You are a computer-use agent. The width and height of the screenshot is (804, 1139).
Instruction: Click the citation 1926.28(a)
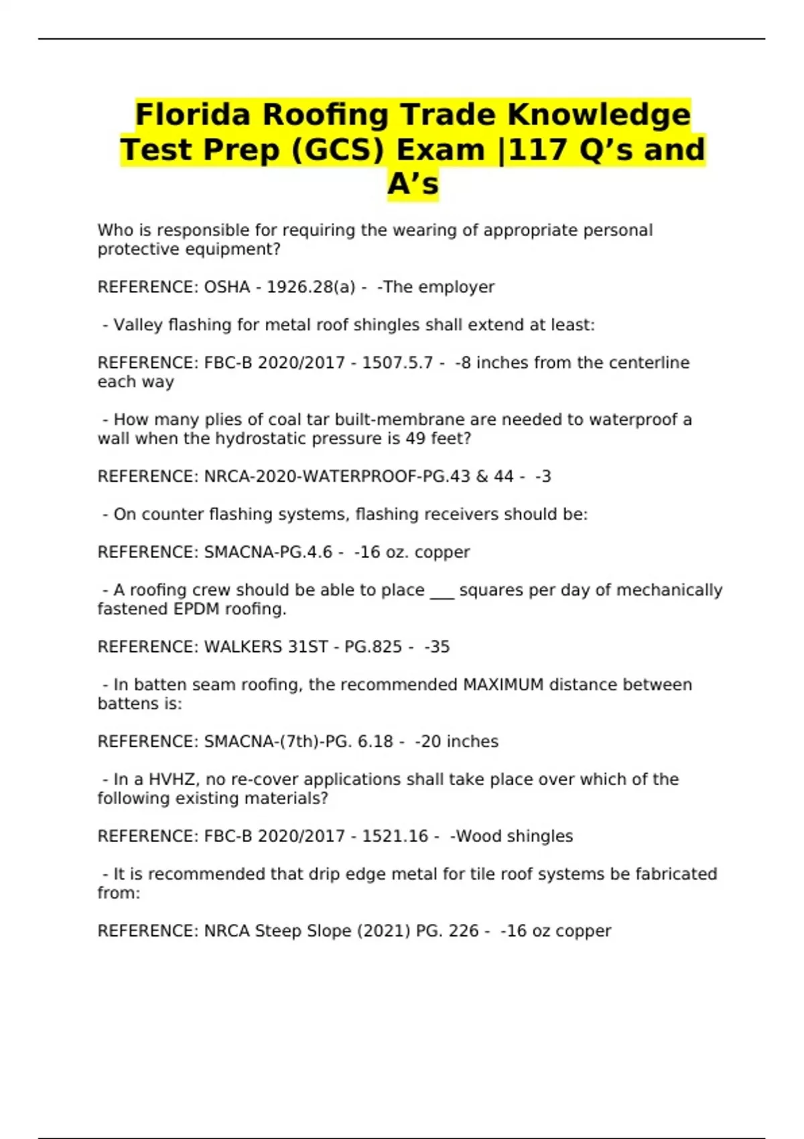(x=311, y=287)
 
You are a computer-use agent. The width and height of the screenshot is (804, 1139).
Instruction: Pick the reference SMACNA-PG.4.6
(x=268, y=552)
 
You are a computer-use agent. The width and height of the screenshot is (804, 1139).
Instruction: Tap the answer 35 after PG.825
(x=440, y=647)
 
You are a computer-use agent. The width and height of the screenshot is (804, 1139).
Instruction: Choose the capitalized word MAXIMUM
(x=503, y=685)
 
